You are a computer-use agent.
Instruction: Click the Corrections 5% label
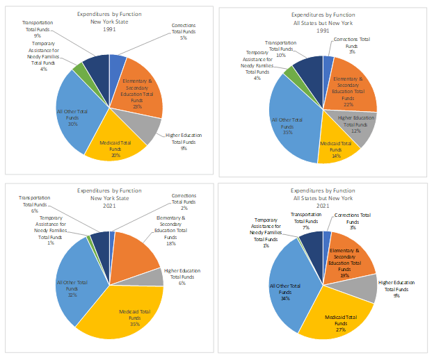coord(184,31)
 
